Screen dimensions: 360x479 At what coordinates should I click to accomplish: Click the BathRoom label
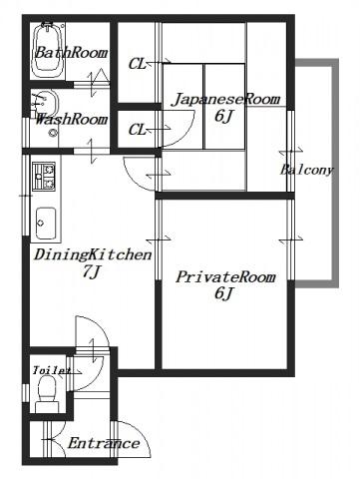71,53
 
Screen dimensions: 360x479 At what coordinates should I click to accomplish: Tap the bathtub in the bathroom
48,50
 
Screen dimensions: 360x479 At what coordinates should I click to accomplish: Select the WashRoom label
71,119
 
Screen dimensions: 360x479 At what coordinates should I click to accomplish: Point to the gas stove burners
44,177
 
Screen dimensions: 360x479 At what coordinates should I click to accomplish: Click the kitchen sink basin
46,223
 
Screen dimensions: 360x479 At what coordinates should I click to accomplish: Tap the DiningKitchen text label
93,255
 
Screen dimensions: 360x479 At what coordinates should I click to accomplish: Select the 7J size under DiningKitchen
91,271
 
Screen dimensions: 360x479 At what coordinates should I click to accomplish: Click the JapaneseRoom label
225,99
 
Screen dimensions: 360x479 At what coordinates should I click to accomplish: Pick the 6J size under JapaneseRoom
223,116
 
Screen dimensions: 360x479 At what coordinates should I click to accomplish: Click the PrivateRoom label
225,276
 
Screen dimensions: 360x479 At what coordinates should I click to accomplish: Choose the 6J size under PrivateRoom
223,293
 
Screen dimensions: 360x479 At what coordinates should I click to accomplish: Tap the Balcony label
306,170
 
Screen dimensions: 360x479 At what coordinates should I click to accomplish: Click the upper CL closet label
138,64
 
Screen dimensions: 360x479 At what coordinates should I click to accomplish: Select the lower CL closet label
138,130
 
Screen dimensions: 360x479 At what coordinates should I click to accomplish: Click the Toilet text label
52,370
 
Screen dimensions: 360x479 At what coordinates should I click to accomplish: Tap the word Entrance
104,443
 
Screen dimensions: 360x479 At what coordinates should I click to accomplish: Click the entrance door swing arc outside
137,436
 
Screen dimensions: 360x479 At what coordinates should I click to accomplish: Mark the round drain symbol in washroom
53,133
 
